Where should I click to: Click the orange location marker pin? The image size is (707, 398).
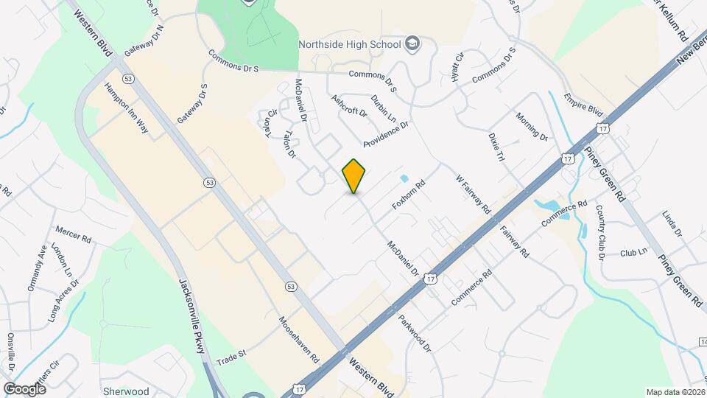(354, 176)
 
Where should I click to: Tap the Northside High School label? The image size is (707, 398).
(350, 43)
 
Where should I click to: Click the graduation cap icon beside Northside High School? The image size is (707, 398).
(412, 43)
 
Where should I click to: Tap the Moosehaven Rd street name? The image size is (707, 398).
(299, 339)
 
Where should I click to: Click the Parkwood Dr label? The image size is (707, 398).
(415, 333)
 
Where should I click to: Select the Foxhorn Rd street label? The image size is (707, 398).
(409, 195)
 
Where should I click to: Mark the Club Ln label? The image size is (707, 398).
(633, 251)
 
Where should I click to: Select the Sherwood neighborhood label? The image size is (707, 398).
(127, 391)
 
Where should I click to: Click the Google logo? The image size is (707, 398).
(24, 388)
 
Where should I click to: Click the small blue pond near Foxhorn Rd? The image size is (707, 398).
(404, 178)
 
